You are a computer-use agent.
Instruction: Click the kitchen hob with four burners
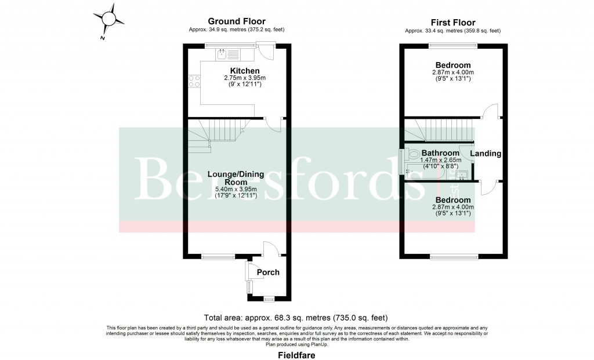(x=194, y=82)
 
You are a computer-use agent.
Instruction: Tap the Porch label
(x=268, y=272)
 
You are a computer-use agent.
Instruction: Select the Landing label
(x=486, y=154)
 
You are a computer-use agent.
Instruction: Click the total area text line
(x=296, y=318)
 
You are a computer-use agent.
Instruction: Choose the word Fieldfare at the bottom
(x=296, y=354)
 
